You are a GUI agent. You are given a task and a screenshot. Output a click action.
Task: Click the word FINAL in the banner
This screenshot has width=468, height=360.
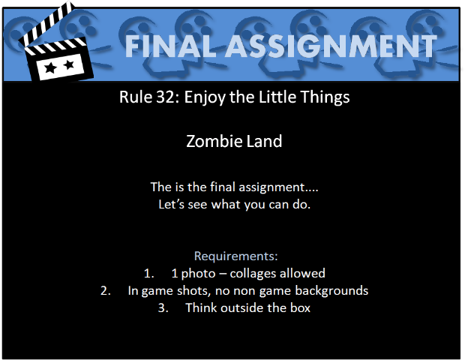pos(170,46)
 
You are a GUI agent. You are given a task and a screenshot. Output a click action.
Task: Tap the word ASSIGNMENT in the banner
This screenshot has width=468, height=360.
pos(331,46)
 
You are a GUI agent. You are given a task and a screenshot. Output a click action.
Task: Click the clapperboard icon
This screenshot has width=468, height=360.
pos(56,43)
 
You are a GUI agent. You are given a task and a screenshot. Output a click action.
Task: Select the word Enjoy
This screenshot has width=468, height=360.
pos(205,97)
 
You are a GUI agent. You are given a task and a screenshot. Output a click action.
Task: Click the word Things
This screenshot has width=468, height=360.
pos(325,97)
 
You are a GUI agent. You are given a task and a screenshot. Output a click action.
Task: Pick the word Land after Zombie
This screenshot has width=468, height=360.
pos(264,141)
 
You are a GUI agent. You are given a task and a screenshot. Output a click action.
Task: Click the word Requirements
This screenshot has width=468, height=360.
pos(235,256)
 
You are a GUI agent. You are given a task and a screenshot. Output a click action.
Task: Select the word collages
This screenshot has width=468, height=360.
pos(253,274)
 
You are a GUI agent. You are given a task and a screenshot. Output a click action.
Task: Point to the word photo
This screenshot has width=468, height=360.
pos(198,274)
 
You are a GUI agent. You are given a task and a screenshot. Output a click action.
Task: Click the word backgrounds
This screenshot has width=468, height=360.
pos(331,291)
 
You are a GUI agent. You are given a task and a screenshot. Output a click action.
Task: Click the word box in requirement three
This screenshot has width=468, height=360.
pos(300,307)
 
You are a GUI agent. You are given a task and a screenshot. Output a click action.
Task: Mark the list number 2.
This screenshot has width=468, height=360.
pos(106,291)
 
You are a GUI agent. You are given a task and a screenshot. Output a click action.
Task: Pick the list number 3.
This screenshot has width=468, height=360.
pos(163,307)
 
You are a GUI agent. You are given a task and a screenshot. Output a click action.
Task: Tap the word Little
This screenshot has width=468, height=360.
pos(277,97)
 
